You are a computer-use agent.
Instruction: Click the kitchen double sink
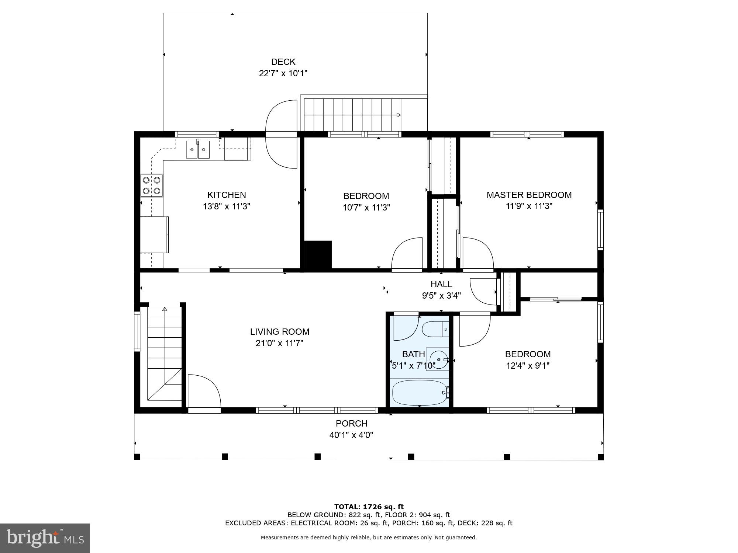[198, 150]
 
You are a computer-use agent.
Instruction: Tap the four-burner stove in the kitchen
[152, 185]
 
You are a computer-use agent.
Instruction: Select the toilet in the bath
[435, 329]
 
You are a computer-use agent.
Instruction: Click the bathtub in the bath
[420, 393]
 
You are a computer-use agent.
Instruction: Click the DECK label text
[283, 62]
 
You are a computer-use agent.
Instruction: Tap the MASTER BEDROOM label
[529, 195]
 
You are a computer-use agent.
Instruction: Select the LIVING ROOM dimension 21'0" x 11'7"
[279, 343]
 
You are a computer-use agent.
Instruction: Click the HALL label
[441, 284]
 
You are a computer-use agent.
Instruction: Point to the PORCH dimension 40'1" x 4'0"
[351, 435]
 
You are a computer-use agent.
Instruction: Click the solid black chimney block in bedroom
[317, 254]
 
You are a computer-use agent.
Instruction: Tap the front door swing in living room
[204, 391]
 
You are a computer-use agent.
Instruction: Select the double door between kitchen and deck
[282, 134]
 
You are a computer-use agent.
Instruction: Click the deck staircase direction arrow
[398, 115]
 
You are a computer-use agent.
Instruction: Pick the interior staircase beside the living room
[165, 354]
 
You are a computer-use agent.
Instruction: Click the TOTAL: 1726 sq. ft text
[369, 507]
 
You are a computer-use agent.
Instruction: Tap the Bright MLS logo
[45, 538]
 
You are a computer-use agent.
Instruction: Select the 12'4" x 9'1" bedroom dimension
[527, 366]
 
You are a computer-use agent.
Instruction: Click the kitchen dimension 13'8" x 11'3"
[226, 206]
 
